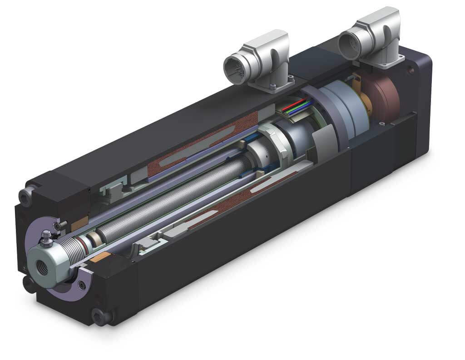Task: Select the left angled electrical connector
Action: click(x=257, y=61)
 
